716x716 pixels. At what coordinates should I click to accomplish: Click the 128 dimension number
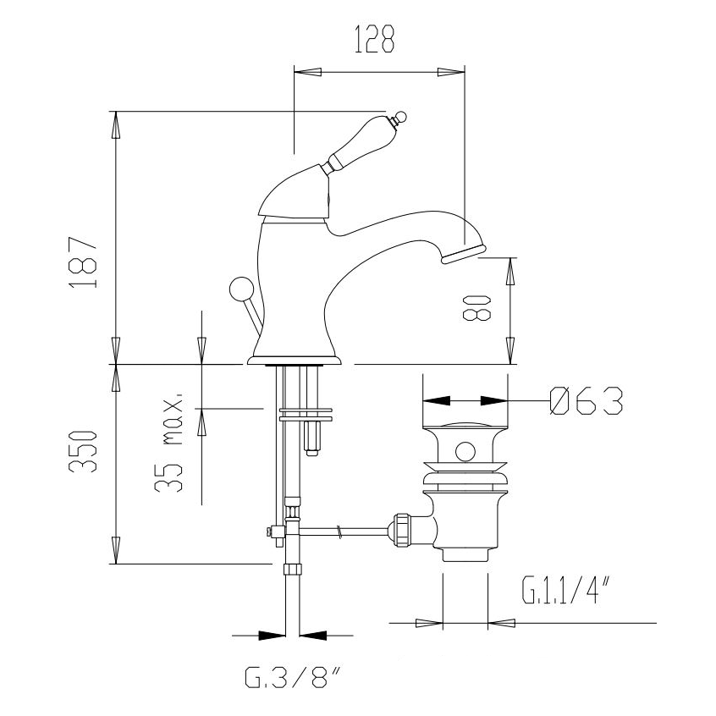tap(374, 39)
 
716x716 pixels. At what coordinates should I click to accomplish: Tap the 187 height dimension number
tap(83, 262)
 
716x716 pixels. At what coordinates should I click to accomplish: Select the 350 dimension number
tap(83, 451)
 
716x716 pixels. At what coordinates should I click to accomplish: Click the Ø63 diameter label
tap(587, 401)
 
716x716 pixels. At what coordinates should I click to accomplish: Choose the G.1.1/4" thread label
tap(566, 590)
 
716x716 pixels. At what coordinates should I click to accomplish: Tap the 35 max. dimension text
tap(168, 443)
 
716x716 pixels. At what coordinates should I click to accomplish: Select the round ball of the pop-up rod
tap(240, 289)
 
